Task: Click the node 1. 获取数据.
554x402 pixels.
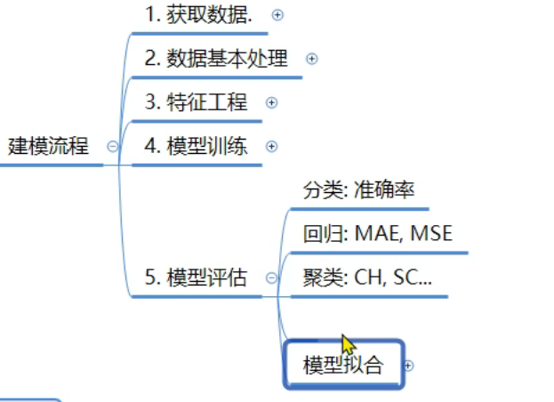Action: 198,14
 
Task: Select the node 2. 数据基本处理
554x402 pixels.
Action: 216,59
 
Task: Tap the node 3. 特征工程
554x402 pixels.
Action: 196,102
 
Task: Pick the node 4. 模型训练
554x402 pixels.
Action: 196,146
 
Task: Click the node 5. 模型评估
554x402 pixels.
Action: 196,277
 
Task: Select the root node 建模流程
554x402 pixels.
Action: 49,146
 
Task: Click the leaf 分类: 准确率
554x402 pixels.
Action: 358,189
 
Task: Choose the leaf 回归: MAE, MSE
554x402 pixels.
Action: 377,234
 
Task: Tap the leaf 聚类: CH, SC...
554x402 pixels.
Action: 367,277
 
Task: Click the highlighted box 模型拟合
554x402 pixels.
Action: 343,365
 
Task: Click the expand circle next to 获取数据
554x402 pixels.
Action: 277,14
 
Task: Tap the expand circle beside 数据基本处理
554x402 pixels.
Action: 311,59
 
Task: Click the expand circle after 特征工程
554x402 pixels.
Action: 272,102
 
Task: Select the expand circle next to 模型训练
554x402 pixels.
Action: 272,146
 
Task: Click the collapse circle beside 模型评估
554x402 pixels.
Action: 271,278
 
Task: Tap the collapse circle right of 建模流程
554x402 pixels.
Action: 112,147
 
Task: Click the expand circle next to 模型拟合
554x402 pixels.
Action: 409,365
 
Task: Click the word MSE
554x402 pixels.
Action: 430,234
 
